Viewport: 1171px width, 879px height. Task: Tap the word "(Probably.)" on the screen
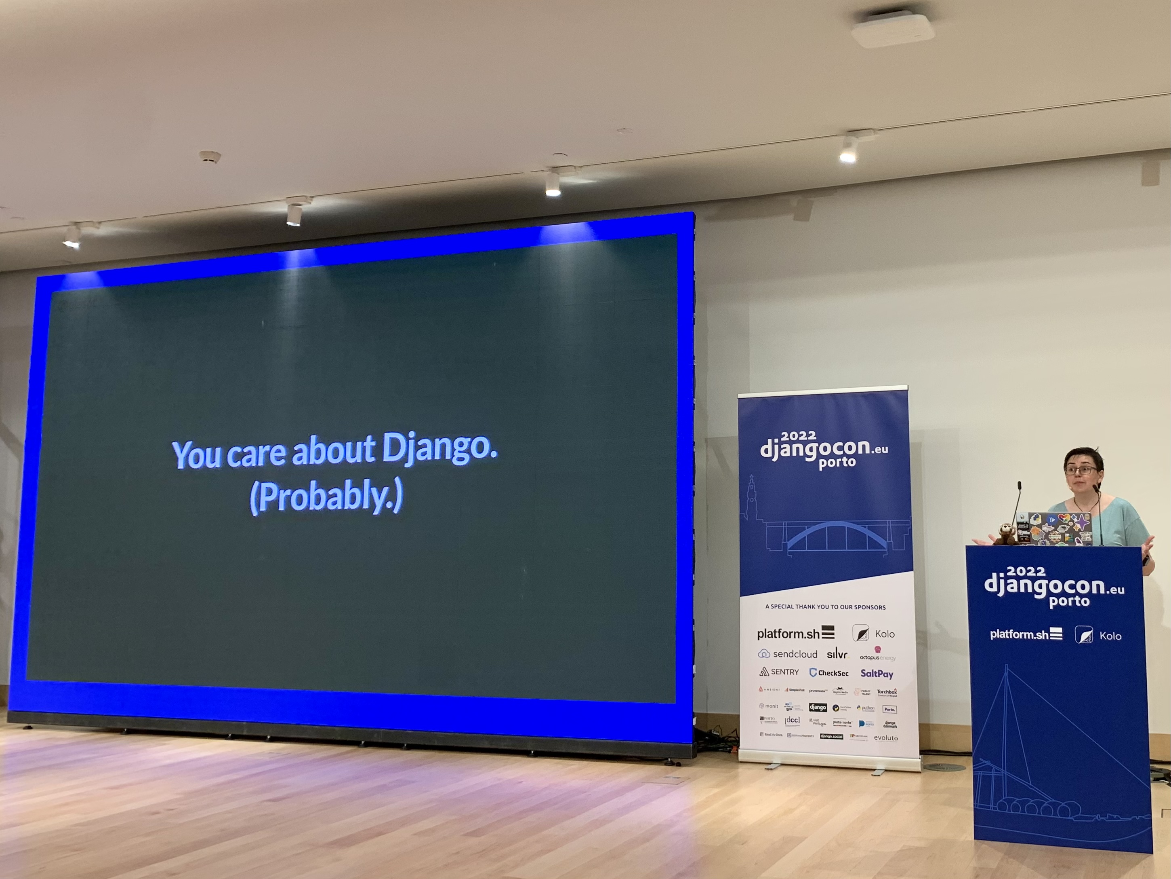pyautogui.click(x=326, y=497)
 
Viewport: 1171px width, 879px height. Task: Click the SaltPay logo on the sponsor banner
pyautogui.click(x=877, y=674)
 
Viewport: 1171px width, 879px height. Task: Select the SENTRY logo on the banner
pyautogui.click(x=779, y=672)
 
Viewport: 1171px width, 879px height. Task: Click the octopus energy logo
pyautogui.click(x=877, y=655)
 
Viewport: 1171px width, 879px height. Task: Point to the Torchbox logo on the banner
pyautogui.click(x=886, y=692)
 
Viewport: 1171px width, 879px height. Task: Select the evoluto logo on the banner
pyautogui.click(x=886, y=737)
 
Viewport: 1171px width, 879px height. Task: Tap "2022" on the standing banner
pyautogui.click(x=798, y=435)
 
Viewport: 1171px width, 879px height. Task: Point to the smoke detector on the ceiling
pyautogui.click(x=210, y=157)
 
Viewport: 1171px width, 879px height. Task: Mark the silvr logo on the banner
pyautogui.click(x=837, y=654)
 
